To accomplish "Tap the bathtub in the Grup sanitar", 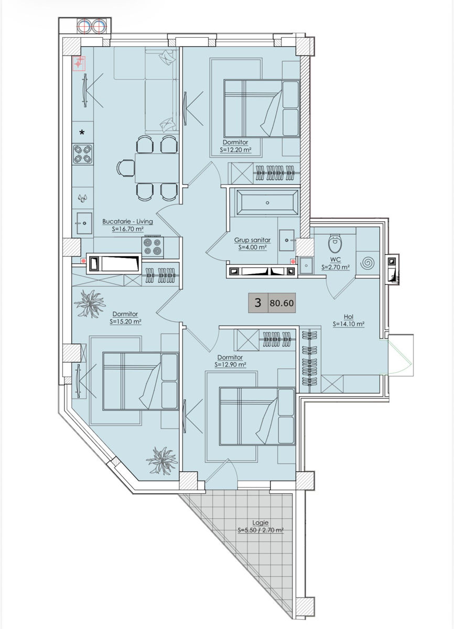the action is coord(267,202).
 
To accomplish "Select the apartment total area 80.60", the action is coord(282,303).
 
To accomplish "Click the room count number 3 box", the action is coord(258,303).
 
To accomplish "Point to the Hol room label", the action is coord(349,317).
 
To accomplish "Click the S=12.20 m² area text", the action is coord(235,150).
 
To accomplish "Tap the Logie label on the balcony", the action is coord(260,523).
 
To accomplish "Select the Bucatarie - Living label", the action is coord(127,221).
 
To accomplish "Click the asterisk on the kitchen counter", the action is coord(82,133).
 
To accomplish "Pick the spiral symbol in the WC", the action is coord(368,263).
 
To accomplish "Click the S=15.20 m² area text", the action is coord(125,321).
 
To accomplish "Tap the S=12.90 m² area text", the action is coord(230,365).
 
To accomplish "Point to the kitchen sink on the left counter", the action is coord(84,223).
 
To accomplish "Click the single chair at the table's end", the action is coord(125,168).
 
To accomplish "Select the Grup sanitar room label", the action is coord(252,240).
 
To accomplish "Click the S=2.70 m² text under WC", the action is coord(336,267).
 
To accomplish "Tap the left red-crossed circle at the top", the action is coord(84,26).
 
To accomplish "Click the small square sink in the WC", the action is coord(305,265).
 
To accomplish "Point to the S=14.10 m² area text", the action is coord(349,324).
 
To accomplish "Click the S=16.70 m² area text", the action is coord(128,229).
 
